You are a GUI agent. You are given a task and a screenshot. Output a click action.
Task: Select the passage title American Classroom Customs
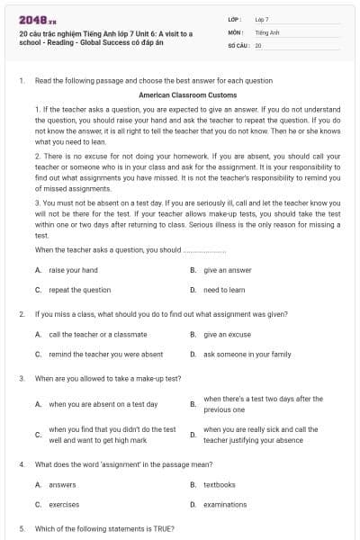(188, 94)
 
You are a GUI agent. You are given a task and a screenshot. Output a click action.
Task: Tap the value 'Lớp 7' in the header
(263, 19)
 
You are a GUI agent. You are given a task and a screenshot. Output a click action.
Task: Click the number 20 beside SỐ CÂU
(258, 44)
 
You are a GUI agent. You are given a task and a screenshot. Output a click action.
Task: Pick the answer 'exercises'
(64, 504)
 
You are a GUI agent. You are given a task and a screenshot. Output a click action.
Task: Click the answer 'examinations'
(225, 504)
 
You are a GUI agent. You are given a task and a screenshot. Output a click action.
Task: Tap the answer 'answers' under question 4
(62, 484)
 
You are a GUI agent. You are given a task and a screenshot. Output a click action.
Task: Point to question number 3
(21, 379)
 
